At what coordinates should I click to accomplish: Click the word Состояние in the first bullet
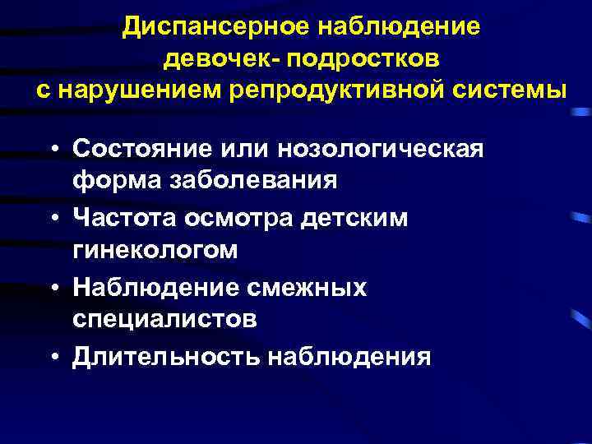(x=137, y=149)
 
